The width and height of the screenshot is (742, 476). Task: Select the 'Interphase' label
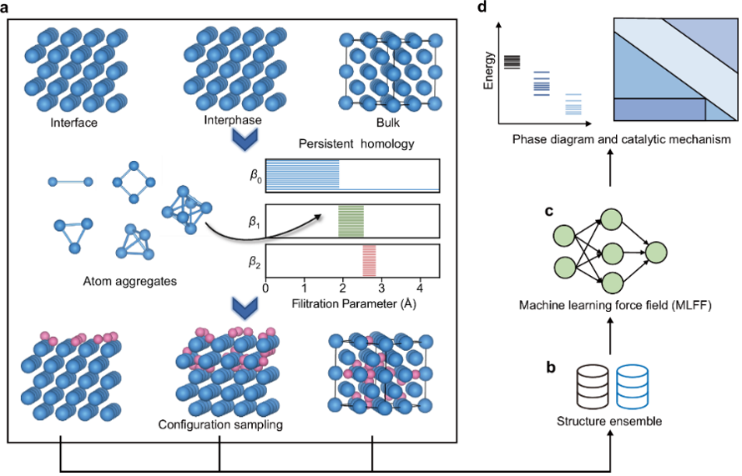tap(233, 121)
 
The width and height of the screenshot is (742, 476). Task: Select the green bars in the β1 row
tap(351, 223)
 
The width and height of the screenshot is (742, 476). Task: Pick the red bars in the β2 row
tap(369, 260)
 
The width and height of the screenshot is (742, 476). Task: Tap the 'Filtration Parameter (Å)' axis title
tap(354, 303)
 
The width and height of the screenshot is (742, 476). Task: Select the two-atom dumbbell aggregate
tap(68, 180)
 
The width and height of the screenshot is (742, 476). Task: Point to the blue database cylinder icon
tap(632, 385)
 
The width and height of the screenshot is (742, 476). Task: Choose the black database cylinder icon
tap(593, 385)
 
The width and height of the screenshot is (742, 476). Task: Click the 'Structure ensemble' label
tap(609, 420)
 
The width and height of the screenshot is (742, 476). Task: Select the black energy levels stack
tap(512, 61)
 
